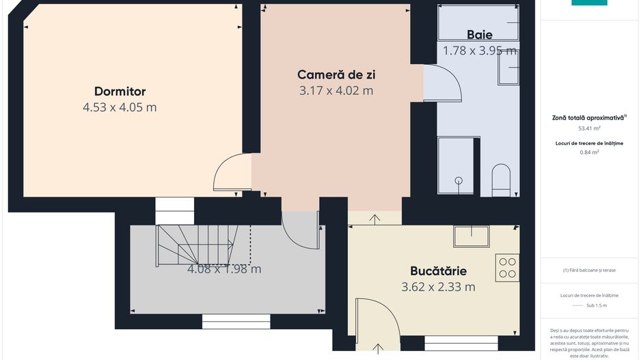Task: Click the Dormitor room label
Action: [x=120, y=92]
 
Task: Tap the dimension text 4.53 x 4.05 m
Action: [x=120, y=107]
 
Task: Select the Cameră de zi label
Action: [x=336, y=74]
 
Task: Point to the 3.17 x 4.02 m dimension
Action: [x=336, y=90]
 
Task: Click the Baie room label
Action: [x=479, y=34]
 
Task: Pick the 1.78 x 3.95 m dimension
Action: [x=479, y=50]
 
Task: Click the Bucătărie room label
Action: [x=438, y=271]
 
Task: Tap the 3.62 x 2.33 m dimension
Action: [x=438, y=287]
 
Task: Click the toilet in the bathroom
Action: [x=501, y=179]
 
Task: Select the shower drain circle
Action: [x=459, y=180]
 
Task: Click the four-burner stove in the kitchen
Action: [x=508, y=267]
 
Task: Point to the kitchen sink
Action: [x=472, y=236]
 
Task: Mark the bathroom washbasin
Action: [x=508, y=67]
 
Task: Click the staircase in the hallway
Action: [x=198, y=244]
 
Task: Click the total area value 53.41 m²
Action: [x=590, y=128]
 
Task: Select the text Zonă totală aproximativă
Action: [x=588, y=117]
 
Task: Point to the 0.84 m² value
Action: [x=590, y=152]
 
